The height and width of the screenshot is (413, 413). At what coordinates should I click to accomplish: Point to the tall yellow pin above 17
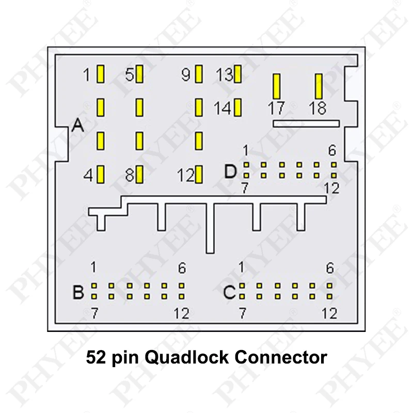point(277,86)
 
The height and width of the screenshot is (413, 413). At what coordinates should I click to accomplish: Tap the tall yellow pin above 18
point(319,86)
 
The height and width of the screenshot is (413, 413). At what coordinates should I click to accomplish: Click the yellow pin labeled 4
point(101,174)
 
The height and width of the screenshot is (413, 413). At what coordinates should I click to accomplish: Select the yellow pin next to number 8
point(139,174)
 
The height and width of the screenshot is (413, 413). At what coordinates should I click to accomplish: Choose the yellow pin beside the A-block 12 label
point(199,174)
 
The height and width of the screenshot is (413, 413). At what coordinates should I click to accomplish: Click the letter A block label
point(78,125)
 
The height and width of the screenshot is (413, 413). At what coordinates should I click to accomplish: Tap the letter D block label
point(231,171)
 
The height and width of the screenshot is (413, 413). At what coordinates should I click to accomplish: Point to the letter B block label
point(78,293)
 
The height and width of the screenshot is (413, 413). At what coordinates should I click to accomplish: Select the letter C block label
point(229,293)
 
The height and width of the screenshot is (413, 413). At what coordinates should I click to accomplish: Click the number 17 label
point(277,109)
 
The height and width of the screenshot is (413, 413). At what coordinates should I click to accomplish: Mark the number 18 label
point(317,109)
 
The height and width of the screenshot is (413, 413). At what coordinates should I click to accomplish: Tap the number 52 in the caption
point(96,357)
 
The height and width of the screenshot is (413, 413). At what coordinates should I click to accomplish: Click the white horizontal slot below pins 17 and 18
point(306,123)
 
